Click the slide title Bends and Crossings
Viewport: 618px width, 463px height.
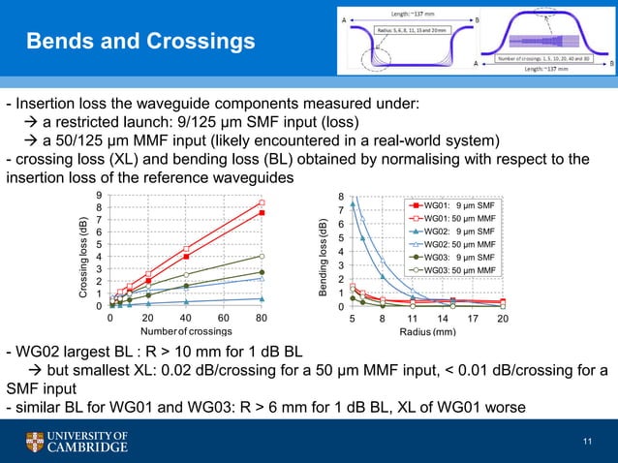point(139,43)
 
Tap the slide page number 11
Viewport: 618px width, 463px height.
point(586,443)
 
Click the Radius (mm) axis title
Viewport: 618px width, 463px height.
point(427,331)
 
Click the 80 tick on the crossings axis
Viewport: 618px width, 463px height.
point(262,318)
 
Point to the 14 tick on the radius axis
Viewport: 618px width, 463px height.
point(443,318)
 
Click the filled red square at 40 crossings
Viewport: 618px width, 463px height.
point(186,257)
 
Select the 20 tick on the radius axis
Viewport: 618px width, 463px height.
point(503,318)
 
